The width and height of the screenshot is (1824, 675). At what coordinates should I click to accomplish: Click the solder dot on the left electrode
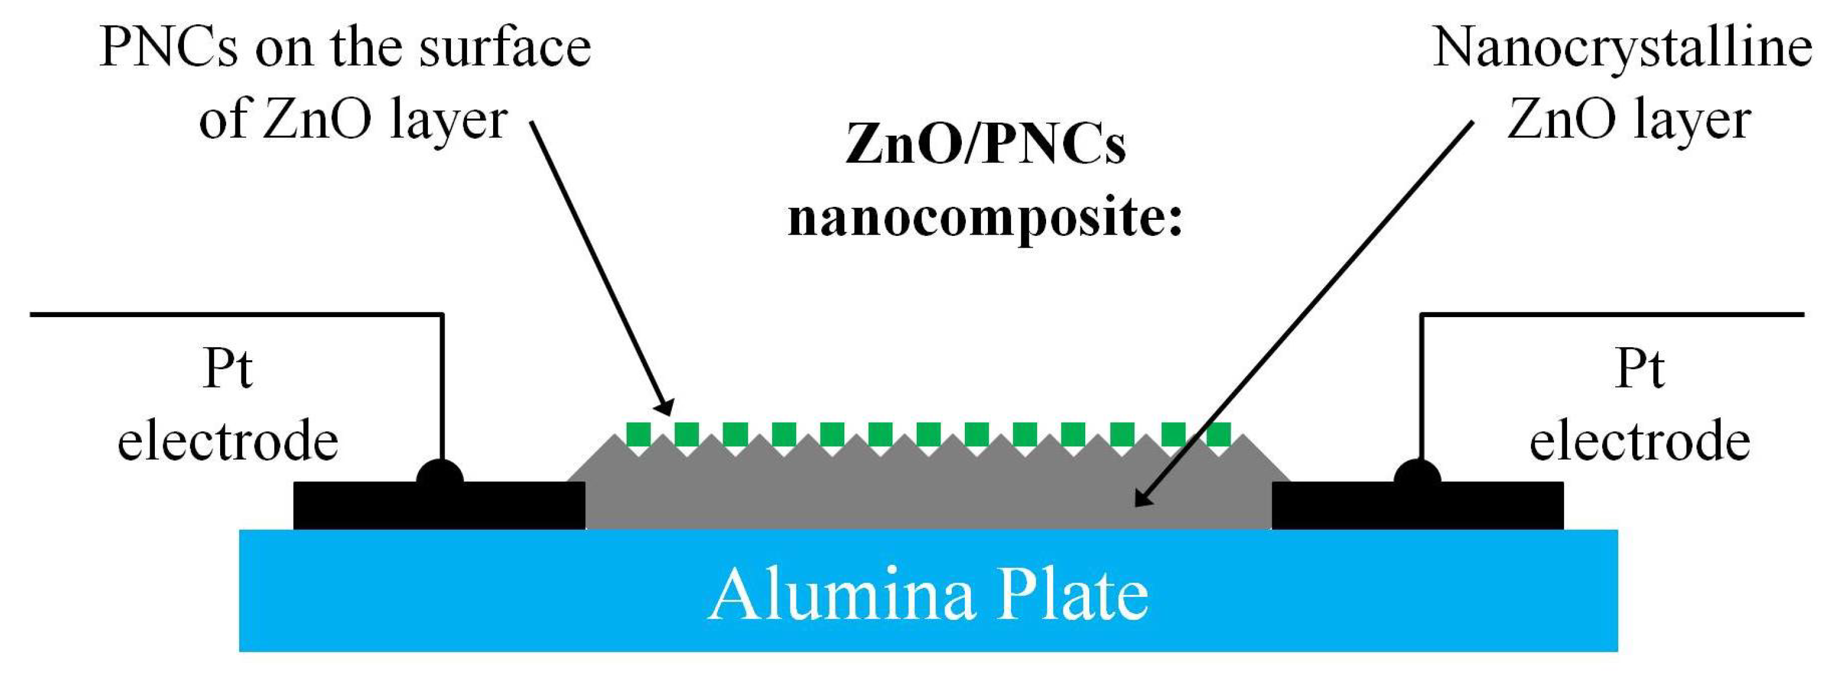pos(440,474)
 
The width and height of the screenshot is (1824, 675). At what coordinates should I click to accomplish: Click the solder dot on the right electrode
pos(1417,474)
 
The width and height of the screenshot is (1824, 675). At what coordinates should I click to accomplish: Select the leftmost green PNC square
pos(638,434)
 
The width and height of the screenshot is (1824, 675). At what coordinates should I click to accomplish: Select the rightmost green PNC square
pos(1218,434)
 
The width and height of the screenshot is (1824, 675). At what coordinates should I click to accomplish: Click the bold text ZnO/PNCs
pos(986,145)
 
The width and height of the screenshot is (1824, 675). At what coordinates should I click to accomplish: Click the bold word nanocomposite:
pos(986,218)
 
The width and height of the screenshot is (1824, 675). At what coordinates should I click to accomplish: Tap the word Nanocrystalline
pos(1622,50)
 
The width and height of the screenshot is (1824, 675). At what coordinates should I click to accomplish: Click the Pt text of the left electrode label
pos(227,369)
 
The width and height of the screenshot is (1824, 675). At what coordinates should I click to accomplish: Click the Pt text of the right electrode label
pos(1640,369)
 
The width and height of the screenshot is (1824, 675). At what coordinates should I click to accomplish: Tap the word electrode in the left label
pos(227,442)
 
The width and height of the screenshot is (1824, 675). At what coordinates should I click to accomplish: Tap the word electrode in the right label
pos(1640,442)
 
